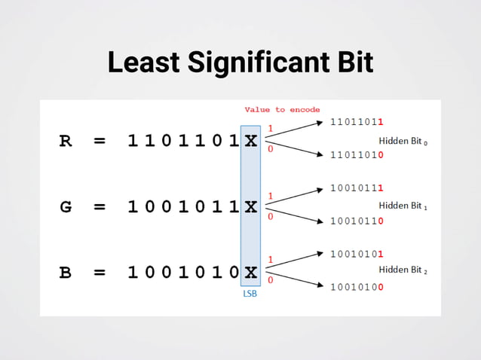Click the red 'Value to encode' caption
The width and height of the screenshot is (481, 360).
282,110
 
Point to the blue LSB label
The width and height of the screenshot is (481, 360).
250,294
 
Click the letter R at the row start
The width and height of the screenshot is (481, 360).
66,141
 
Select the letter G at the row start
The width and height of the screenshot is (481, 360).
66,206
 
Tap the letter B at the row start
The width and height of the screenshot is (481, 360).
66,272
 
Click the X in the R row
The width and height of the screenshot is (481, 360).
250,141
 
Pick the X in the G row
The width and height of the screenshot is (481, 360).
250,206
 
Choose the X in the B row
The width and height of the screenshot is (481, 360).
250,272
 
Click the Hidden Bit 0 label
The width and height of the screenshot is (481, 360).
403,141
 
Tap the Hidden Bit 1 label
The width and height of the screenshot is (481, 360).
403,205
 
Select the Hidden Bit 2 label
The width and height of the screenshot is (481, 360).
403,270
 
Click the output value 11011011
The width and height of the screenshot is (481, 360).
357,121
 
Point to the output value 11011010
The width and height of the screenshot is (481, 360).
357,154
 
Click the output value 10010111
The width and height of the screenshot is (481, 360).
357,188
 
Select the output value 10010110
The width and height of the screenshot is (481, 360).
357,221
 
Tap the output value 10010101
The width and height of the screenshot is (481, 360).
357,254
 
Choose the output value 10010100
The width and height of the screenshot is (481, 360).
357,287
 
